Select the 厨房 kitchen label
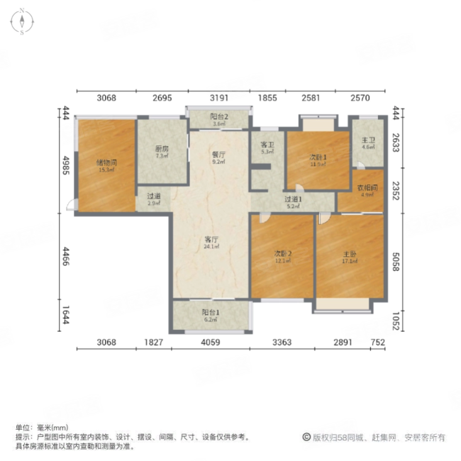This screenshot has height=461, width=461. (x=162, y=149)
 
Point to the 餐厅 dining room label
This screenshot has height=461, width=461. (x=218, y=154)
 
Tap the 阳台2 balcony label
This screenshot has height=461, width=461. (x=218, y=117)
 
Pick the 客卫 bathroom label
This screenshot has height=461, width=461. (x=267, y=145)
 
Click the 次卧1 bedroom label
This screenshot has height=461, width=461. (x=317, y=157)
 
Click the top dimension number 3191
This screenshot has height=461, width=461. (x=218, y=98)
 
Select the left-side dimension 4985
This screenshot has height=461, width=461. (x=65, y=165)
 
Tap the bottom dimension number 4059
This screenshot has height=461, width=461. (x=210, y=343)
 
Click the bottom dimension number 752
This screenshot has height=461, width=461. (x=377, y=343)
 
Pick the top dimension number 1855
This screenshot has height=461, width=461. (x=267, y=98)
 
